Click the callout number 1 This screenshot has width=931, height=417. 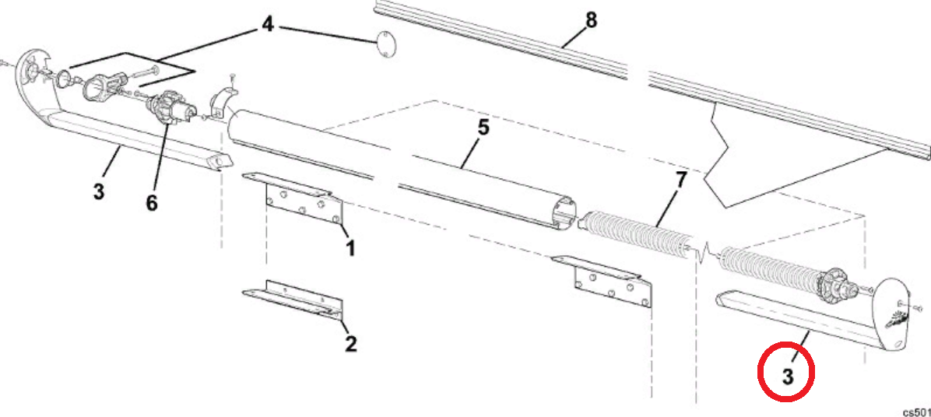[350, 248]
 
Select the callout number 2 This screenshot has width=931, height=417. [351, 343]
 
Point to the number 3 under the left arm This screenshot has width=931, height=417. [98, 191]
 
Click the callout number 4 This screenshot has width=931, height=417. [267, 25]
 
